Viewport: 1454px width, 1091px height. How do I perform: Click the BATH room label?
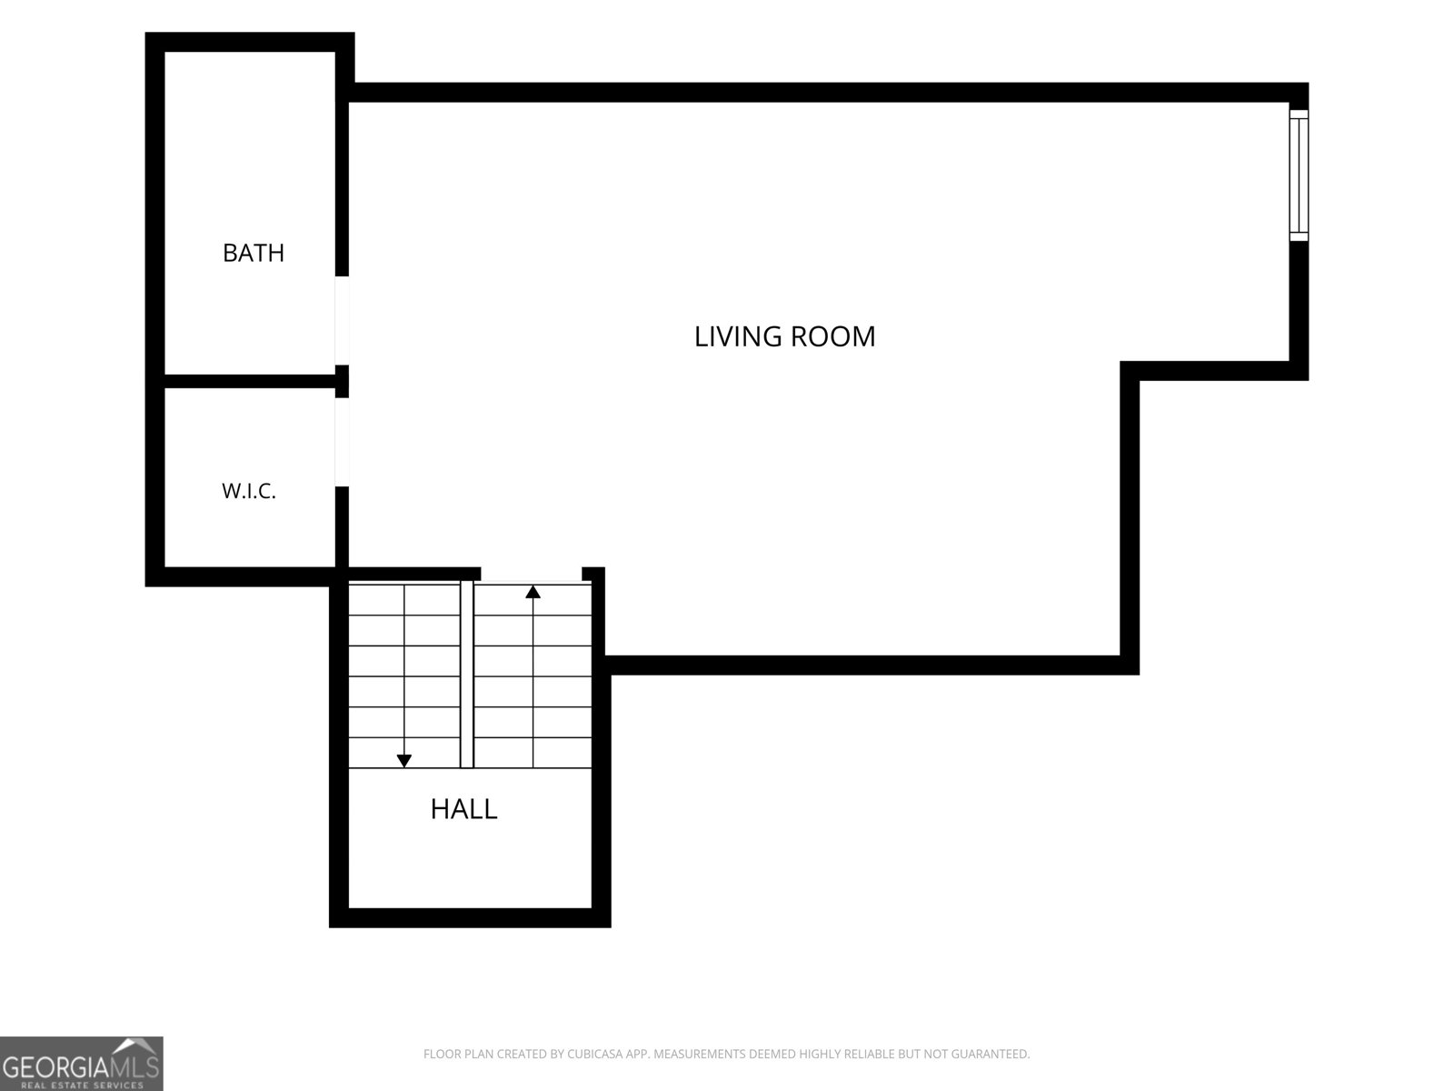click(253, 253)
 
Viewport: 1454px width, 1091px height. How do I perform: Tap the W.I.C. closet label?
click(248, 491)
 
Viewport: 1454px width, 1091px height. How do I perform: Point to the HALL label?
click(463, 809)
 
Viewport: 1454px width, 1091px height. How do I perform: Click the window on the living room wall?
click(1299, 175)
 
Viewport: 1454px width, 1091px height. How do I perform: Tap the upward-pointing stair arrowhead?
click(533, 592)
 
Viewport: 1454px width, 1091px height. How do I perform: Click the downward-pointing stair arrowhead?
click(404, 761)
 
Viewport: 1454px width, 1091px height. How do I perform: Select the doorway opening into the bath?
click(342, 320)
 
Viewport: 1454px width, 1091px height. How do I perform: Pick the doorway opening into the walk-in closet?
click(342, 442)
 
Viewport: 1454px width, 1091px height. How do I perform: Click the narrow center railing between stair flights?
click(467, 674)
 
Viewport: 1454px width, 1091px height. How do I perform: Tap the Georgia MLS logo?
click(82, 1064)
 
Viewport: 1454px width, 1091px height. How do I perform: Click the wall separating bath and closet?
click(250, 381)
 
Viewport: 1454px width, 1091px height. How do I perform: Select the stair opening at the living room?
click(532, 576)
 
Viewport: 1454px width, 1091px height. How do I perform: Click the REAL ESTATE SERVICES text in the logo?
click(82, 1085)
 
